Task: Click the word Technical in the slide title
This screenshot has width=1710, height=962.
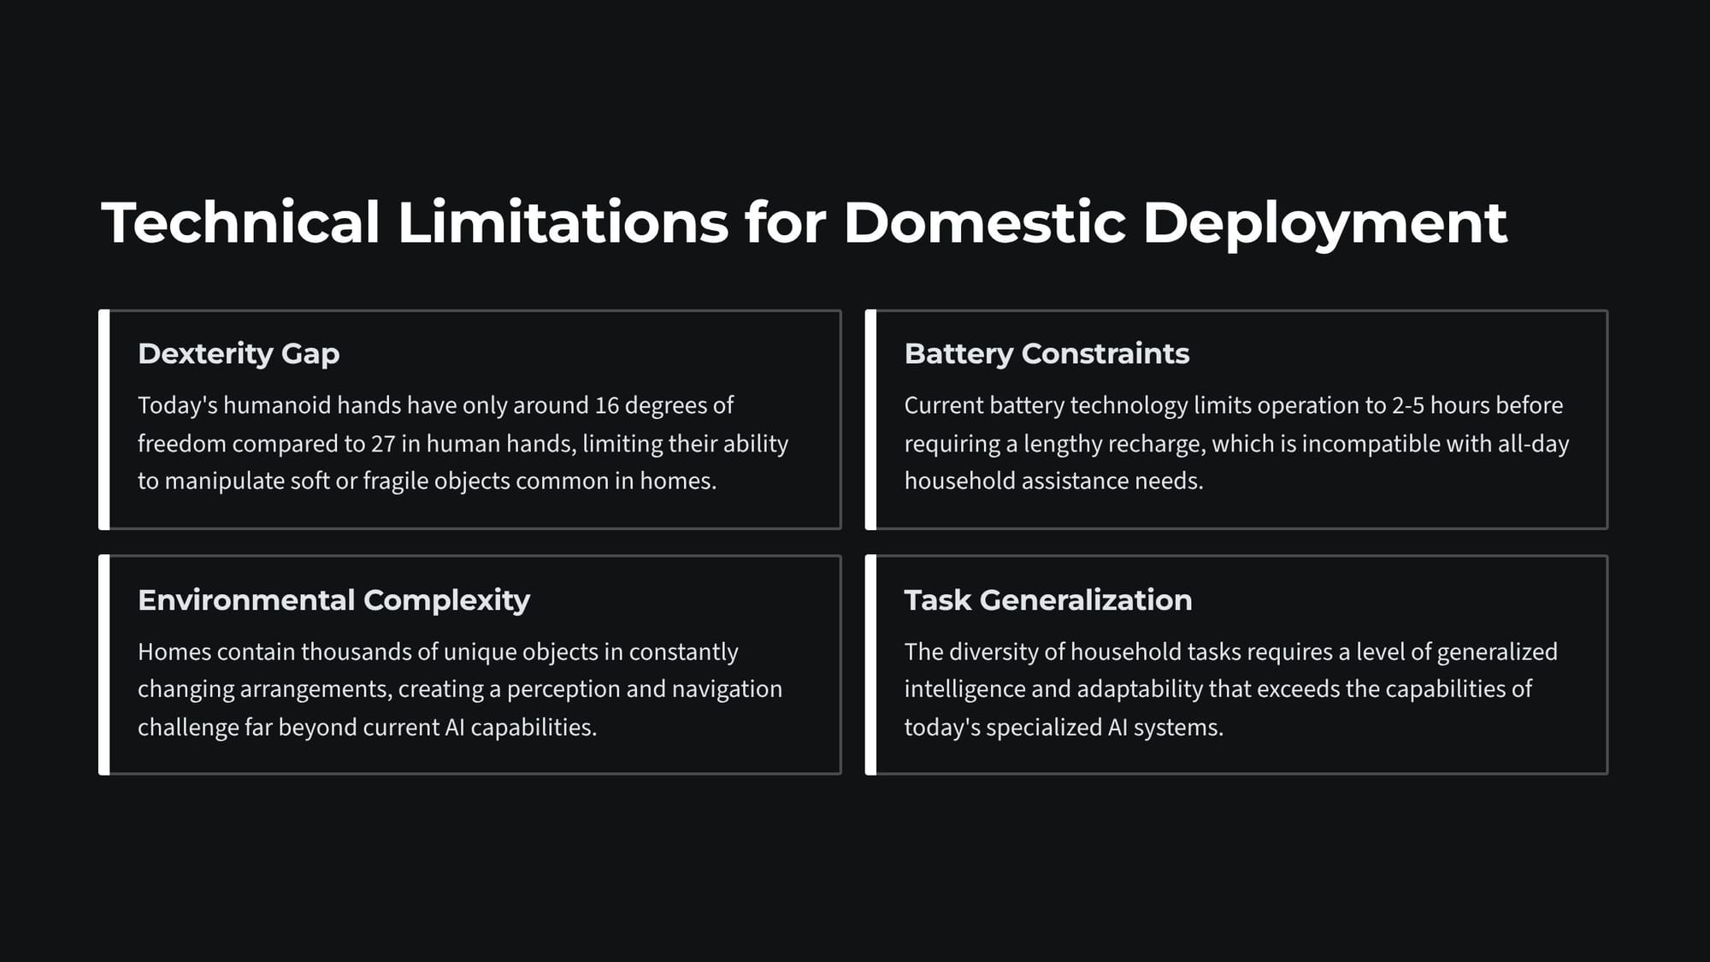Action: pyautogui.click(x=240, y=222)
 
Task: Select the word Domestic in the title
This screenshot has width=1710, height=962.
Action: pyautogui.click(x=985, y=222)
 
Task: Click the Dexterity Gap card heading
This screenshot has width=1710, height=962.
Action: pyautogui.click(x=239, y=354)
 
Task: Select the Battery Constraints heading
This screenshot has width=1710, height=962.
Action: pyautogui.click(x=1047, y=353)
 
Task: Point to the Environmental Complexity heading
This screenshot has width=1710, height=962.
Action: pyautogui.click(x=333, y=600)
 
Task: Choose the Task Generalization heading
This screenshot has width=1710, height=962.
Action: pyautogui.click(x=1048, y=600)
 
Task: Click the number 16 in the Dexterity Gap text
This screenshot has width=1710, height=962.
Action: pyautogui.click(x=606, y=405)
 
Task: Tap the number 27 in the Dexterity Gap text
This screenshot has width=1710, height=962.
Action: pyautogui.click(x=382, y=444)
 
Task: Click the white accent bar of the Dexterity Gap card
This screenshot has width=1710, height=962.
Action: pyautogui.click(x=104, y=420)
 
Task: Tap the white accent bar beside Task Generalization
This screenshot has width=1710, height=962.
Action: pyautogui.click(x=870, y=665)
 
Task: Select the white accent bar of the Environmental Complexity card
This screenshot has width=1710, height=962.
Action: pyautogui.click(x=104, y=665)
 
